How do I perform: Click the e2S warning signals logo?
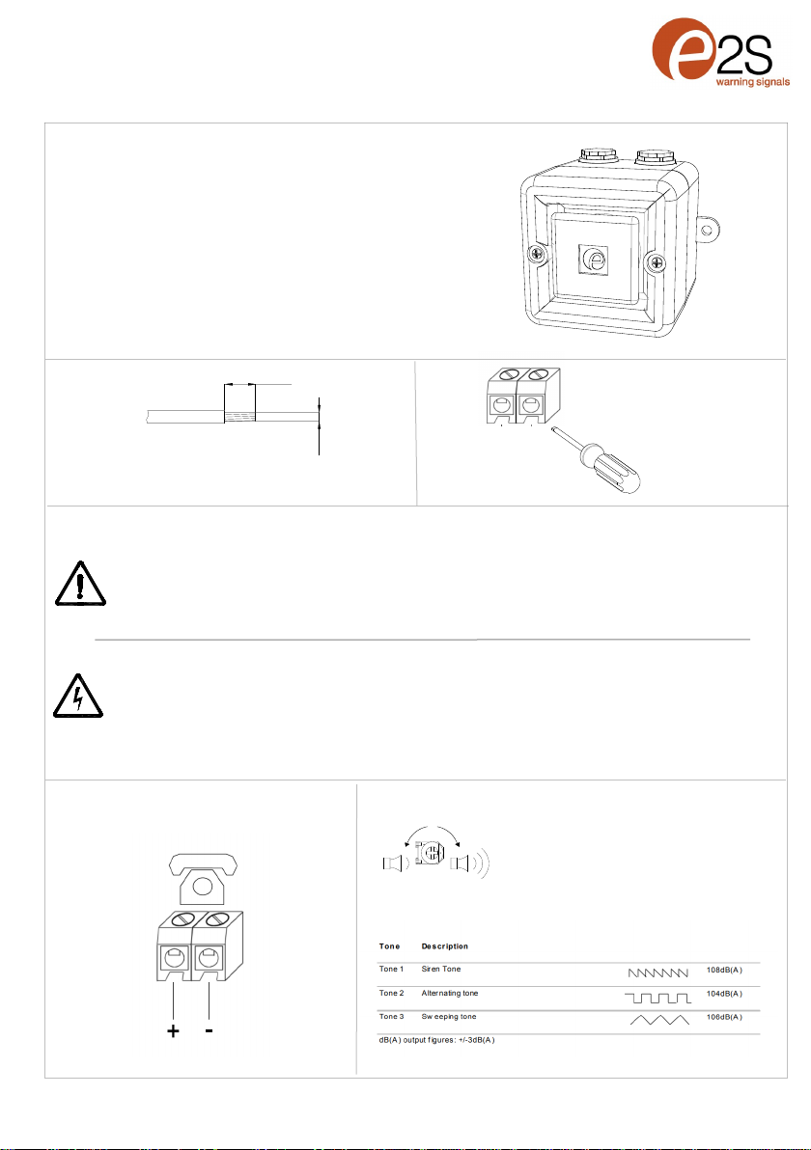tap(720, 52)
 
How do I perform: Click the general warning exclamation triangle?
tap(80, 584)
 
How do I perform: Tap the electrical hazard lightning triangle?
tap(78, 696)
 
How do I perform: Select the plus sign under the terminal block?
tap(173, 1031)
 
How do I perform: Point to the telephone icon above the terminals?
tap(203, 879)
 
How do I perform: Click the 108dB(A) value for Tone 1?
tap(724, 970)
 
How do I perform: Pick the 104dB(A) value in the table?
tap(724, 994)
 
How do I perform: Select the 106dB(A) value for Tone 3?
tap(724, 1017)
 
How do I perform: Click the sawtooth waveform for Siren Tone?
tap(658, 972)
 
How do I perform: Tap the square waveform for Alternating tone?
tap(657, 999)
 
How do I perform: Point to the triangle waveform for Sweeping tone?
tap(659, 1020)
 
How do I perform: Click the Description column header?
tap(445, 946)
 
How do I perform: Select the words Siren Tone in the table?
tap(441, 969)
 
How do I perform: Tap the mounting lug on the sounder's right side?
tap(706, 230)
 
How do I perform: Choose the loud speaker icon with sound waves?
tap(470, 863)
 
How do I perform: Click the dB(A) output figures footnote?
tap(436, 1040)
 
